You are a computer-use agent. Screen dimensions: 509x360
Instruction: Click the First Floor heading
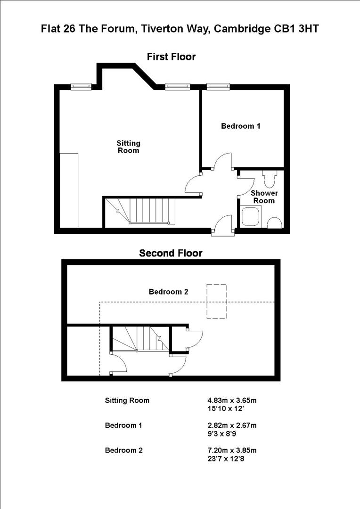pos(171,57)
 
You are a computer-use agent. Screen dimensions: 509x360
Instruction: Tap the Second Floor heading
pos(171,254)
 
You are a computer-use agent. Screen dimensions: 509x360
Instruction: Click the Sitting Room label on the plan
pos(129,147)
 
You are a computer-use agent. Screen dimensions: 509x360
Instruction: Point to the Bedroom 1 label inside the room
pos(240,126)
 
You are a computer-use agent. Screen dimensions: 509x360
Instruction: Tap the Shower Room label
pos(264,197)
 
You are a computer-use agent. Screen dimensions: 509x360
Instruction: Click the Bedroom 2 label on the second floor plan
pos(169,292)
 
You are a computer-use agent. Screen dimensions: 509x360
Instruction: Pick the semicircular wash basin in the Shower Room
pos(274,222)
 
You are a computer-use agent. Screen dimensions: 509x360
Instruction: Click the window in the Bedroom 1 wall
pos(218,86)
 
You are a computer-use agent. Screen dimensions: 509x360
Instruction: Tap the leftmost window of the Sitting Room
pos(81,86)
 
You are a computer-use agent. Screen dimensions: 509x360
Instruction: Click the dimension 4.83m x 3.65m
pos(229,401)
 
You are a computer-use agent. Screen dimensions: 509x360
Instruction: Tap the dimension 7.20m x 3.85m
pos(229,450)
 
